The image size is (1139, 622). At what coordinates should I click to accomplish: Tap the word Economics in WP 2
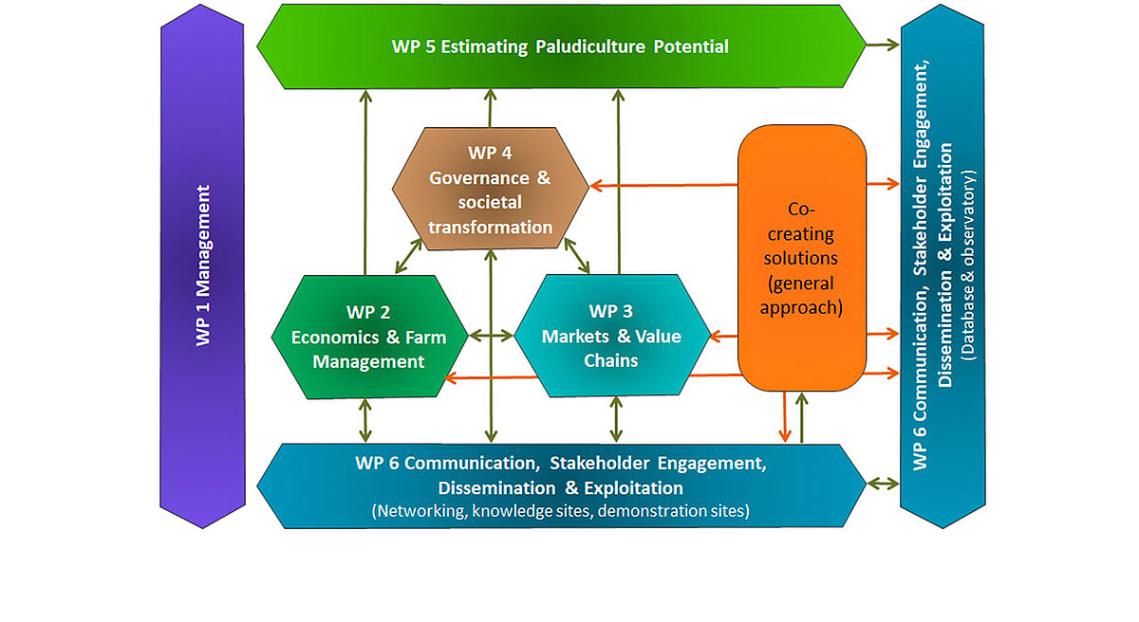coord(333,337)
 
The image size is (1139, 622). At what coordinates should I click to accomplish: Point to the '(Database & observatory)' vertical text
coord(969,266)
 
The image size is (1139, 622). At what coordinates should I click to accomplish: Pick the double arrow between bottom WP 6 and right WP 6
coord(883,484)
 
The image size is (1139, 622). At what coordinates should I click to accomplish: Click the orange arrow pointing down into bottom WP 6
coord(785,417)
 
